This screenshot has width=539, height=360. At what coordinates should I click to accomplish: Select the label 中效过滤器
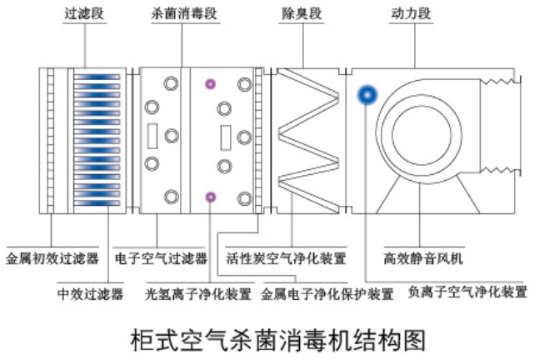coord(91,294)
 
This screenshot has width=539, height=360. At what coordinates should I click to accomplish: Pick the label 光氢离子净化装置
coord(198,294)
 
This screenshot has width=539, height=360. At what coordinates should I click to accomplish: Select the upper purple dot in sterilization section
coord(210,84)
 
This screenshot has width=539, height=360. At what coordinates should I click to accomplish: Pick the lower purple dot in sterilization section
coord(210,197)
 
